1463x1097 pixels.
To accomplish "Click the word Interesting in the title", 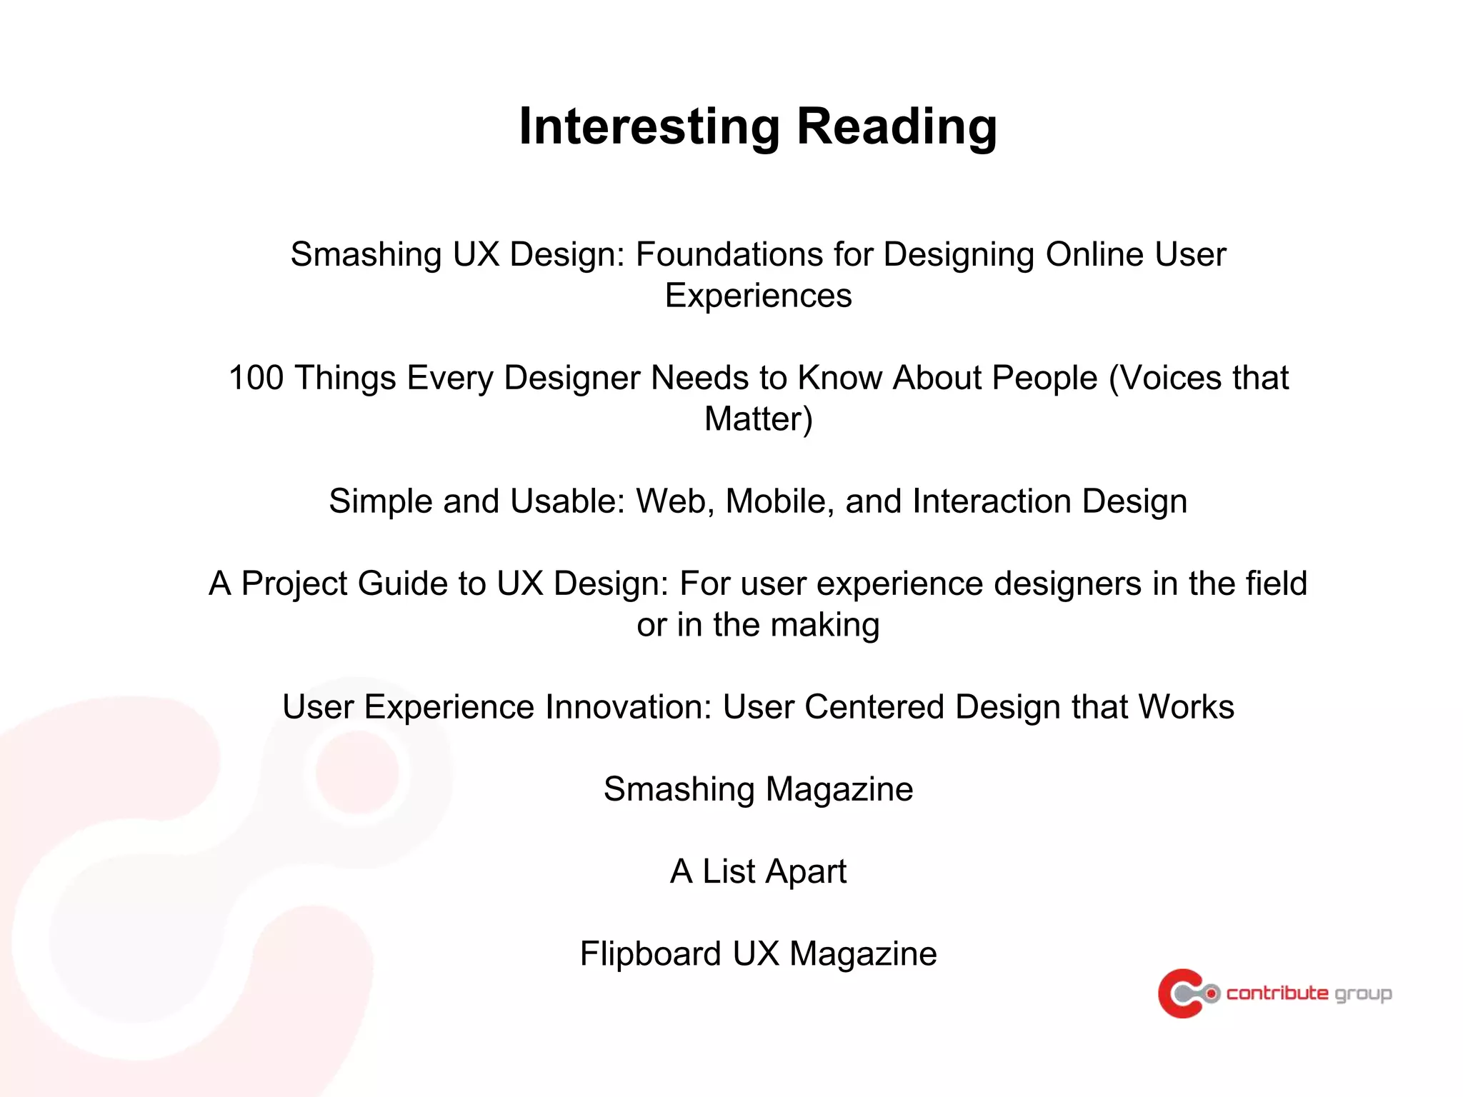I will click(649, 126).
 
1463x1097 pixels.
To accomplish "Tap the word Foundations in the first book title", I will click(754, 255).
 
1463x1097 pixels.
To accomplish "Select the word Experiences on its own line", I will click(758, 296).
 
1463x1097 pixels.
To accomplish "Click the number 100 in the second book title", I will click(256, 378).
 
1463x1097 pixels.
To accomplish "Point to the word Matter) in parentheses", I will click(758, 419).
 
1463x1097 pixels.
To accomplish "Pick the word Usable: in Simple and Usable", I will click(567, 501).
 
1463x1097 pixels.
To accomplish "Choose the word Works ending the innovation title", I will click(1186, 707).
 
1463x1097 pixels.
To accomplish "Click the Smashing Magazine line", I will click(758, 790).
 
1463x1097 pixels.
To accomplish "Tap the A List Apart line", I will click(758, 872).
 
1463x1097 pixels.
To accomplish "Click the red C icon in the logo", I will click(1180, 993).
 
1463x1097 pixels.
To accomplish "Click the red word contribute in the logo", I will click(1277, 993).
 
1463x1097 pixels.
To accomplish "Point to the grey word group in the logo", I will click(1363, 995).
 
